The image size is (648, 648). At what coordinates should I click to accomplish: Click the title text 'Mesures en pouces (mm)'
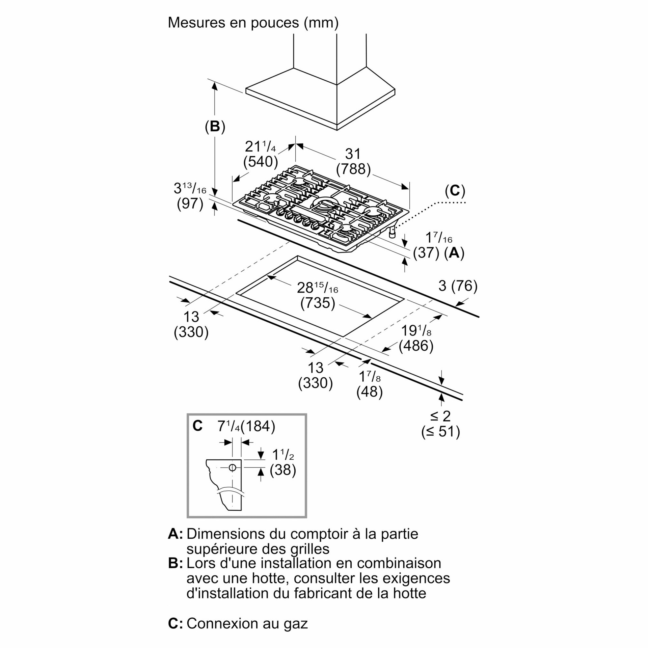point(253,23)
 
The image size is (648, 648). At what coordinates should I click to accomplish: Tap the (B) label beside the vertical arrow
point(215,127)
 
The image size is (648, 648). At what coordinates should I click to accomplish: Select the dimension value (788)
point(353,169)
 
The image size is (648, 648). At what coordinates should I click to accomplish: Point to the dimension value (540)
point(261,162)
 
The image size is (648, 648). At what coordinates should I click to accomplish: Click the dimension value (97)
point(190,204)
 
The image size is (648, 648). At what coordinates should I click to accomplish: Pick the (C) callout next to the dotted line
point(455,191)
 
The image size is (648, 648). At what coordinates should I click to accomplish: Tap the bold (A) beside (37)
point(454,253)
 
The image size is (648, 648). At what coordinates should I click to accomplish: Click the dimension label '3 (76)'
point(458,286)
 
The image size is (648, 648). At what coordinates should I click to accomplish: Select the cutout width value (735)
point(318,303)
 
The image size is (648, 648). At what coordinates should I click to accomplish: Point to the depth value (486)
point(416,346)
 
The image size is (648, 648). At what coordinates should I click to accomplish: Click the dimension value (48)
point(370,391)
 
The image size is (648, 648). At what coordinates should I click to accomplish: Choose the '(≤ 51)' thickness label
point(440,431)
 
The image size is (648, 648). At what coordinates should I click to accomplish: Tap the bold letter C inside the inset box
point(197,426)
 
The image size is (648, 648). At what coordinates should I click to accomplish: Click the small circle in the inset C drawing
point(232,467)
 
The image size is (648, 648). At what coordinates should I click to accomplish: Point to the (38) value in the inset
point(283,469)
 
